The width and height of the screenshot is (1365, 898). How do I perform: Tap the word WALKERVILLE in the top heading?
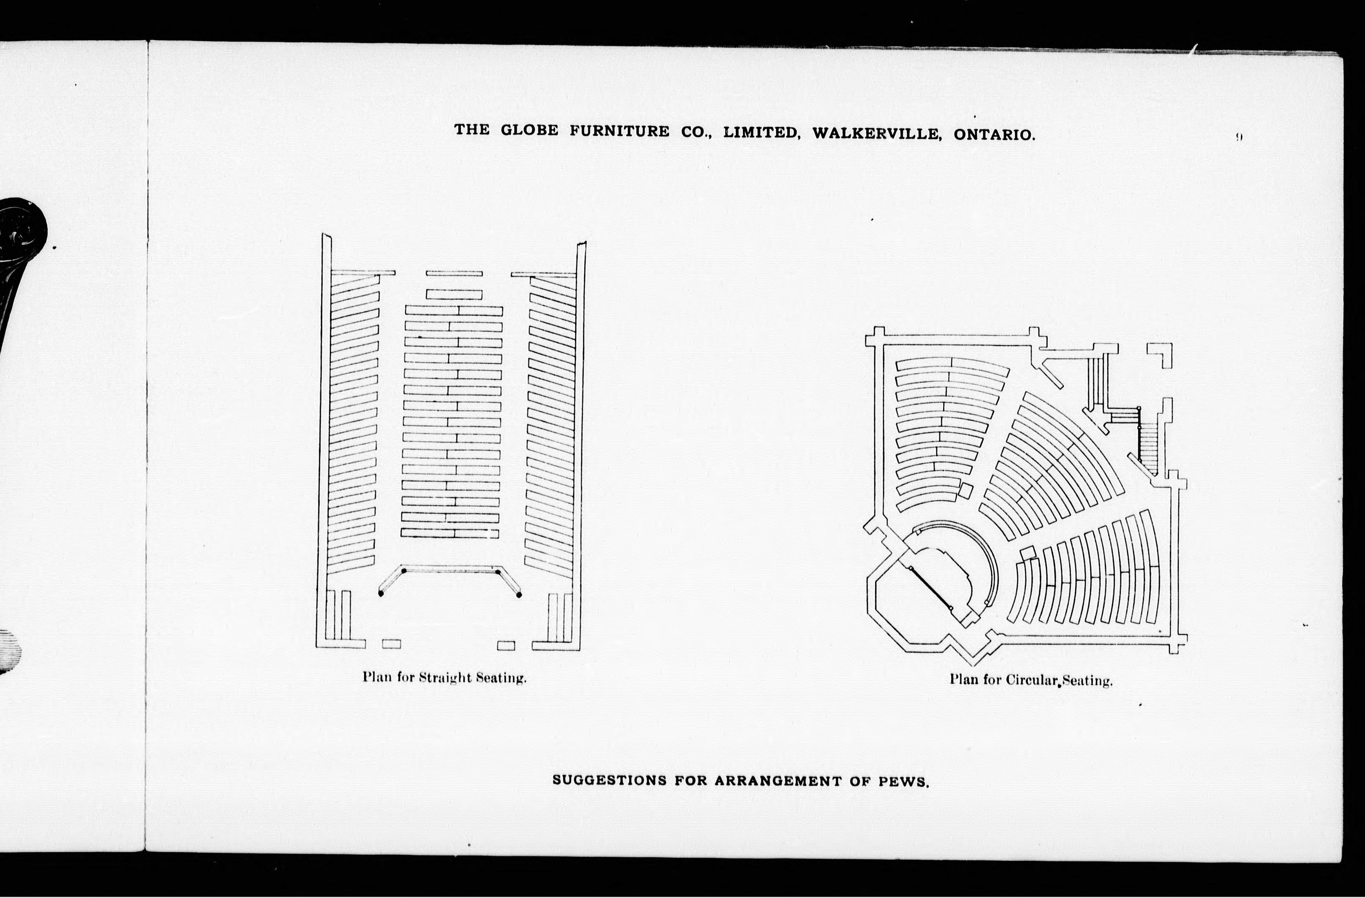(x=876, y=134)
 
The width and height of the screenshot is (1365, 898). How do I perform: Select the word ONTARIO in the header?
(x=994, y=135)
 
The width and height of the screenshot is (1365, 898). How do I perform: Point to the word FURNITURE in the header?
(x=619, y=131)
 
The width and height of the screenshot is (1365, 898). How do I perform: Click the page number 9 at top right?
(x=1239, y=137)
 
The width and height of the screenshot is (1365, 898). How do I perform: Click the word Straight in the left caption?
(x=444, y=677)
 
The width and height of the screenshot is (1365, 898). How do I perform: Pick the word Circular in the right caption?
(x=1032, y=680)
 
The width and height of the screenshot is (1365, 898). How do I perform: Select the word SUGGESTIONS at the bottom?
(x=609, y=780)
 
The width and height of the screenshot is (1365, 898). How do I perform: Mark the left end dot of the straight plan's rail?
(x=381, y=594)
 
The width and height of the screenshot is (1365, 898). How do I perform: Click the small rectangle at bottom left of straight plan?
(x=391, y=644)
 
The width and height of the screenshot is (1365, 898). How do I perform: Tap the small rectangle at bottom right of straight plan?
(x=506, y=646)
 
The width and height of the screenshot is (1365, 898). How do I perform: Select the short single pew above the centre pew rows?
(x=454, y=295)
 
